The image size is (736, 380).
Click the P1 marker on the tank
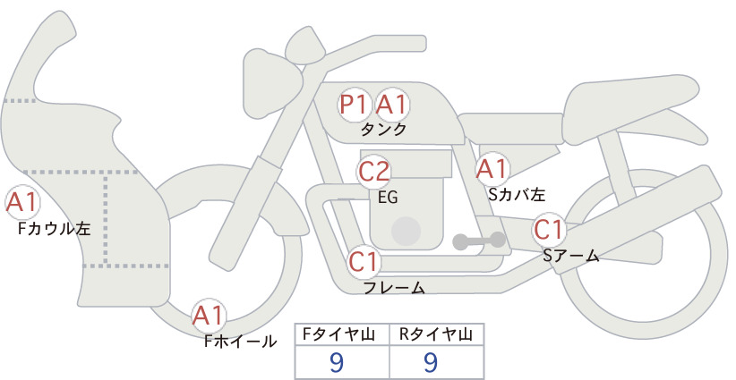[x=354, y=104]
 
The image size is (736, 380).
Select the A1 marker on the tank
[x=391, y=104]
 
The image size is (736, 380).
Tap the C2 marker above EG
[x=373, y=172]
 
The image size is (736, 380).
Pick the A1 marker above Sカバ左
[x=492, y=169]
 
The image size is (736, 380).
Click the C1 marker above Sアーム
[x=548, y=230]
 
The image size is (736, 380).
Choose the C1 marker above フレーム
[x=364, y=261]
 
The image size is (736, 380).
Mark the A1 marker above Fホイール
[x=209, y=315]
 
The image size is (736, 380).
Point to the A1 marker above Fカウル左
[x=21, y=202]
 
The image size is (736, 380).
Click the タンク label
[x=383, y=130]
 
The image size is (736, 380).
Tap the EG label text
[x=389, y=198]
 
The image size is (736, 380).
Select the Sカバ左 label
[x=517, y=194]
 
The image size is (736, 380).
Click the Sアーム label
[x=571, y=255]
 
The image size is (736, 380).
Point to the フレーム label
[x=395, y=287]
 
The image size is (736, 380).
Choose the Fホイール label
[x=241, y=342]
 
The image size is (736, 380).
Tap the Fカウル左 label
[x=54, y=228]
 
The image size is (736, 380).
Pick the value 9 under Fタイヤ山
[x=337, y=361]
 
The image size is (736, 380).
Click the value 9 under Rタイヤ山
[x=431, y=361]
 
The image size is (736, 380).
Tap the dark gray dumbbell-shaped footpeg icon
[x=479, y=241]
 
